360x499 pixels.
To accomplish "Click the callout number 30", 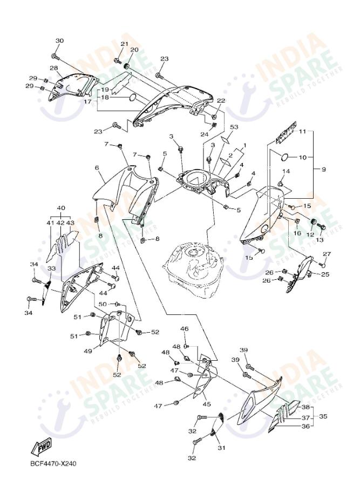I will pyautogui.click(x=59, y=41).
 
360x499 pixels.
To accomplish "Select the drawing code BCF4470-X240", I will pyautogui.click(x=53, y=464).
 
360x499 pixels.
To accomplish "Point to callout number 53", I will pyautogui.click(x=234, y=127).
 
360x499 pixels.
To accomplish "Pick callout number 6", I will pyautogui.click(x=97, y=168).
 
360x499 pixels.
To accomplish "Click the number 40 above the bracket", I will pyautogui.click(x=61, y=208).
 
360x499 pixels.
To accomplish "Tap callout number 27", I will pyautogui.click(x=327, y=254).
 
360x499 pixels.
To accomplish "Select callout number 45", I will pyautogui.click(x=207, y=404).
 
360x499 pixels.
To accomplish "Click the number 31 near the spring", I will pyautogui.click(x=220, y=448).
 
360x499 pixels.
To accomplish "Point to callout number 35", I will pyautogui.click(x=323, y=416).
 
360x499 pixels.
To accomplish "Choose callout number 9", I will pyautogui.click(x=324, y=169).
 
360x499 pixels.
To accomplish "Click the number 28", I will pyautogui.click(x=53, y=68).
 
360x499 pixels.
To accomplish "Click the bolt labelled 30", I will pyautogui.click(x=55, y=56).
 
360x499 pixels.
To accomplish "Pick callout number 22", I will pyautogui.click(x=221, y=100).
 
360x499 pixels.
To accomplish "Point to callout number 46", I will pyautogui.click(x=184, y=328).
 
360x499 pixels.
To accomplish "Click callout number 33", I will pyautogui.click(x=51, y=268).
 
